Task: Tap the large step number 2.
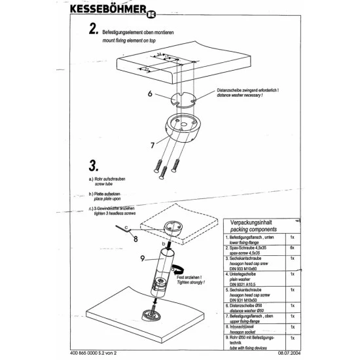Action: pos(94,29)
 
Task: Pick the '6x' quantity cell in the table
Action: pos(291,248)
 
